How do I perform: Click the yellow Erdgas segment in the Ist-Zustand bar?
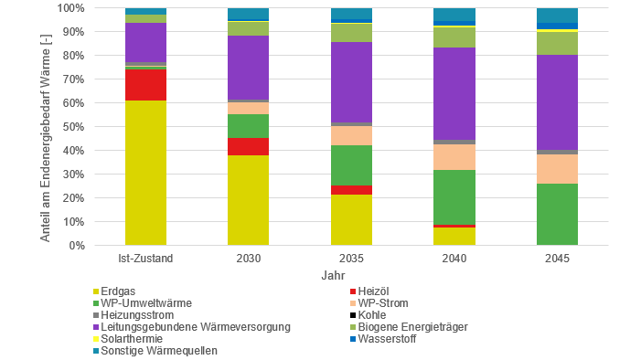[x=146, y=173]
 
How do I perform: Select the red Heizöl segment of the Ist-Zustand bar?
[x=146, y=85]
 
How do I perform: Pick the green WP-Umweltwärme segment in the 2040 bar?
[x=454, y=196]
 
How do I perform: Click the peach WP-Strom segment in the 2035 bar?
[x=351, y=135]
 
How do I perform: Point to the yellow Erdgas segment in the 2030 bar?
[x=249, y=200]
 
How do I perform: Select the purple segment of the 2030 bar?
[x=249, y=68]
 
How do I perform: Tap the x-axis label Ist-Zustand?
[x=146, y=259]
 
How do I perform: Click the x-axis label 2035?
[x=351, y=259]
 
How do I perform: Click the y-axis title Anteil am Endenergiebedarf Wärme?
[x=45, y=127]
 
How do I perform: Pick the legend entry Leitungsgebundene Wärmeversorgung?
[x=184, y=327]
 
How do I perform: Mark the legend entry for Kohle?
[x=374, y=315]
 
